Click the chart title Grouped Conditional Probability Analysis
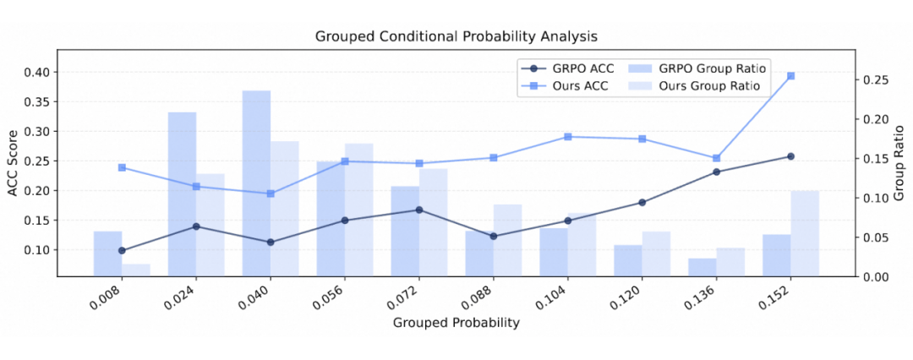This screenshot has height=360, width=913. click(456, 36)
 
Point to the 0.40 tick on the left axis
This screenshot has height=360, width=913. click(37, 73)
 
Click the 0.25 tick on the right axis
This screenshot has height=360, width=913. click(876, 80)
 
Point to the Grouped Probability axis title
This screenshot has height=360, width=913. click(456, 322)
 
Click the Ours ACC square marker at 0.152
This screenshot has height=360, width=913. click(790, 76)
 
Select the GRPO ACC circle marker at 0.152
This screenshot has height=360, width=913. click(790, 156)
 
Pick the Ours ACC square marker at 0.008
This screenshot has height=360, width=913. click(122, 167)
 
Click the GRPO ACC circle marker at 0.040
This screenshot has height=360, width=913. click(271, 243)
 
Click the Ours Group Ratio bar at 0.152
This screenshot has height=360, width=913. click(805, 233)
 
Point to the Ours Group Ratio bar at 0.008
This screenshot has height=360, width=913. click(136, 270)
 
